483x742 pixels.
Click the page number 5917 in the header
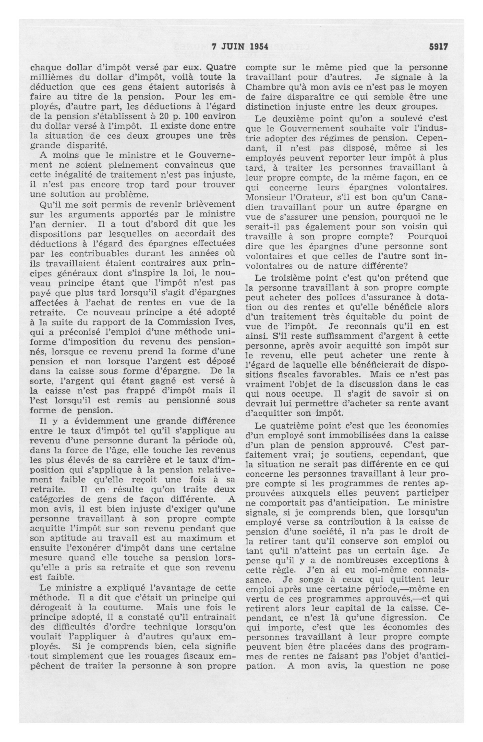[x=438, y=47]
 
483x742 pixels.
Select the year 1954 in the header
[x=259, y=47]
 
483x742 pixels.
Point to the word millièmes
[x=50, y=77]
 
